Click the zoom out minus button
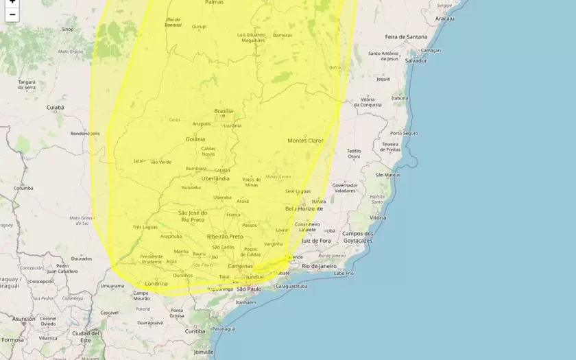tap(12, 14)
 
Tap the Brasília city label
tap(224, 111)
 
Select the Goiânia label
tap(195, 139)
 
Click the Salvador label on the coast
tap(416, 60)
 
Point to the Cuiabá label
tap(55, 108)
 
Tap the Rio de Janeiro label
tap(319, 265)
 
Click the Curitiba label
tap(195, 331)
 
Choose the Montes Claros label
tap(305, 141)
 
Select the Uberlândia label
tap(215, 178)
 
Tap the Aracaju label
tap(444, 19)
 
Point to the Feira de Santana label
tap(406, 36)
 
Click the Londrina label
tap(156, 283)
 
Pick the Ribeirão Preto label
tap(225, 236)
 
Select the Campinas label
tap(240, 266)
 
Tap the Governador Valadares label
tap(345, 188)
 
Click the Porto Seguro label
tap(404, 133)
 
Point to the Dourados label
tap(81, 259)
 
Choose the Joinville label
tap(203, 352)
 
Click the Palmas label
tap(214, 3)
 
